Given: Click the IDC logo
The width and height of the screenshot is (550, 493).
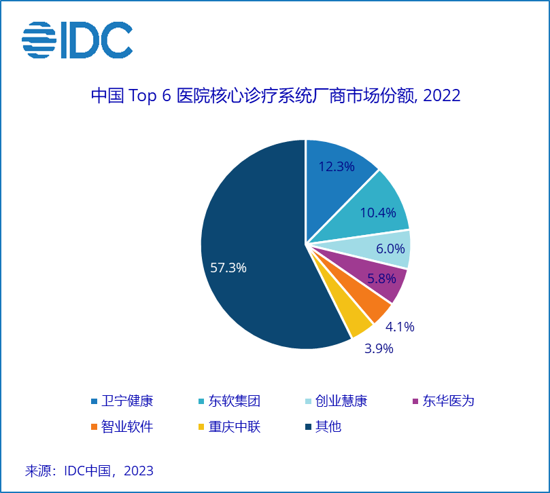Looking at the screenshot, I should tap(77, 40).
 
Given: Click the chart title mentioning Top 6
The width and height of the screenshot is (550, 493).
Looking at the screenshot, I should tap(275, 96).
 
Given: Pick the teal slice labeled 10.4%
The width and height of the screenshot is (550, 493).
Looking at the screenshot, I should tap(377, 207).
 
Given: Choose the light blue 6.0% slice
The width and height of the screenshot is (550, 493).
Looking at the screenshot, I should tap(388, 249).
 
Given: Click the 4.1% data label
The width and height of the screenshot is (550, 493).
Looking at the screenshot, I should tap(400, 327).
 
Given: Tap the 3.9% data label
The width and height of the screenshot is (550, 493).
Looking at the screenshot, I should tap(379, 349).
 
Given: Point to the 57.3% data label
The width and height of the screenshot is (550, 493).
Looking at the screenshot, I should tap(228, 268).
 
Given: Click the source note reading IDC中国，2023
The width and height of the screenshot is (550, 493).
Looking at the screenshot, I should tap(89, 471).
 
